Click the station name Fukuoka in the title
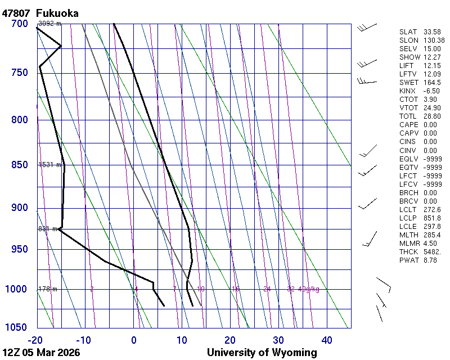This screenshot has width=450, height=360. [x=57, y=13]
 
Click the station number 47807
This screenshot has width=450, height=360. [x=16, y=13]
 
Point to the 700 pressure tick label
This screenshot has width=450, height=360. [x=20, y=24]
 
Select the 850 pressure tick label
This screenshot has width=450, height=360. [x=20, y=165]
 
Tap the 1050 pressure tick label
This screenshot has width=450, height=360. [x=17, y=328]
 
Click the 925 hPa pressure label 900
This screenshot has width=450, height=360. [x=20, y=208]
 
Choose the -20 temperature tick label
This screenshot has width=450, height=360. [x=36, y=340]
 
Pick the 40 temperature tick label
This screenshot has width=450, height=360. [x=327, y=340]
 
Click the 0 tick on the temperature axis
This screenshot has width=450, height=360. [x=134, y=340]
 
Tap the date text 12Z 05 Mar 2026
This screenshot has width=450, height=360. [x=41, y=353]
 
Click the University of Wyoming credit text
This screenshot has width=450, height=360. [x=262, y=353]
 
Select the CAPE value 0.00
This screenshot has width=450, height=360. [x=430, y=125]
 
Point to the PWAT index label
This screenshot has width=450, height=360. [x=408, y=260]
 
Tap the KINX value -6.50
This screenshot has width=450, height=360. [x=431, y=91]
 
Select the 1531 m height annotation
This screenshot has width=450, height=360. [x=49, y=165]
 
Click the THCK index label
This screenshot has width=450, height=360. [x=408, y=251]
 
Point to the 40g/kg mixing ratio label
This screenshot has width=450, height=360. [x=309, y=289]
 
